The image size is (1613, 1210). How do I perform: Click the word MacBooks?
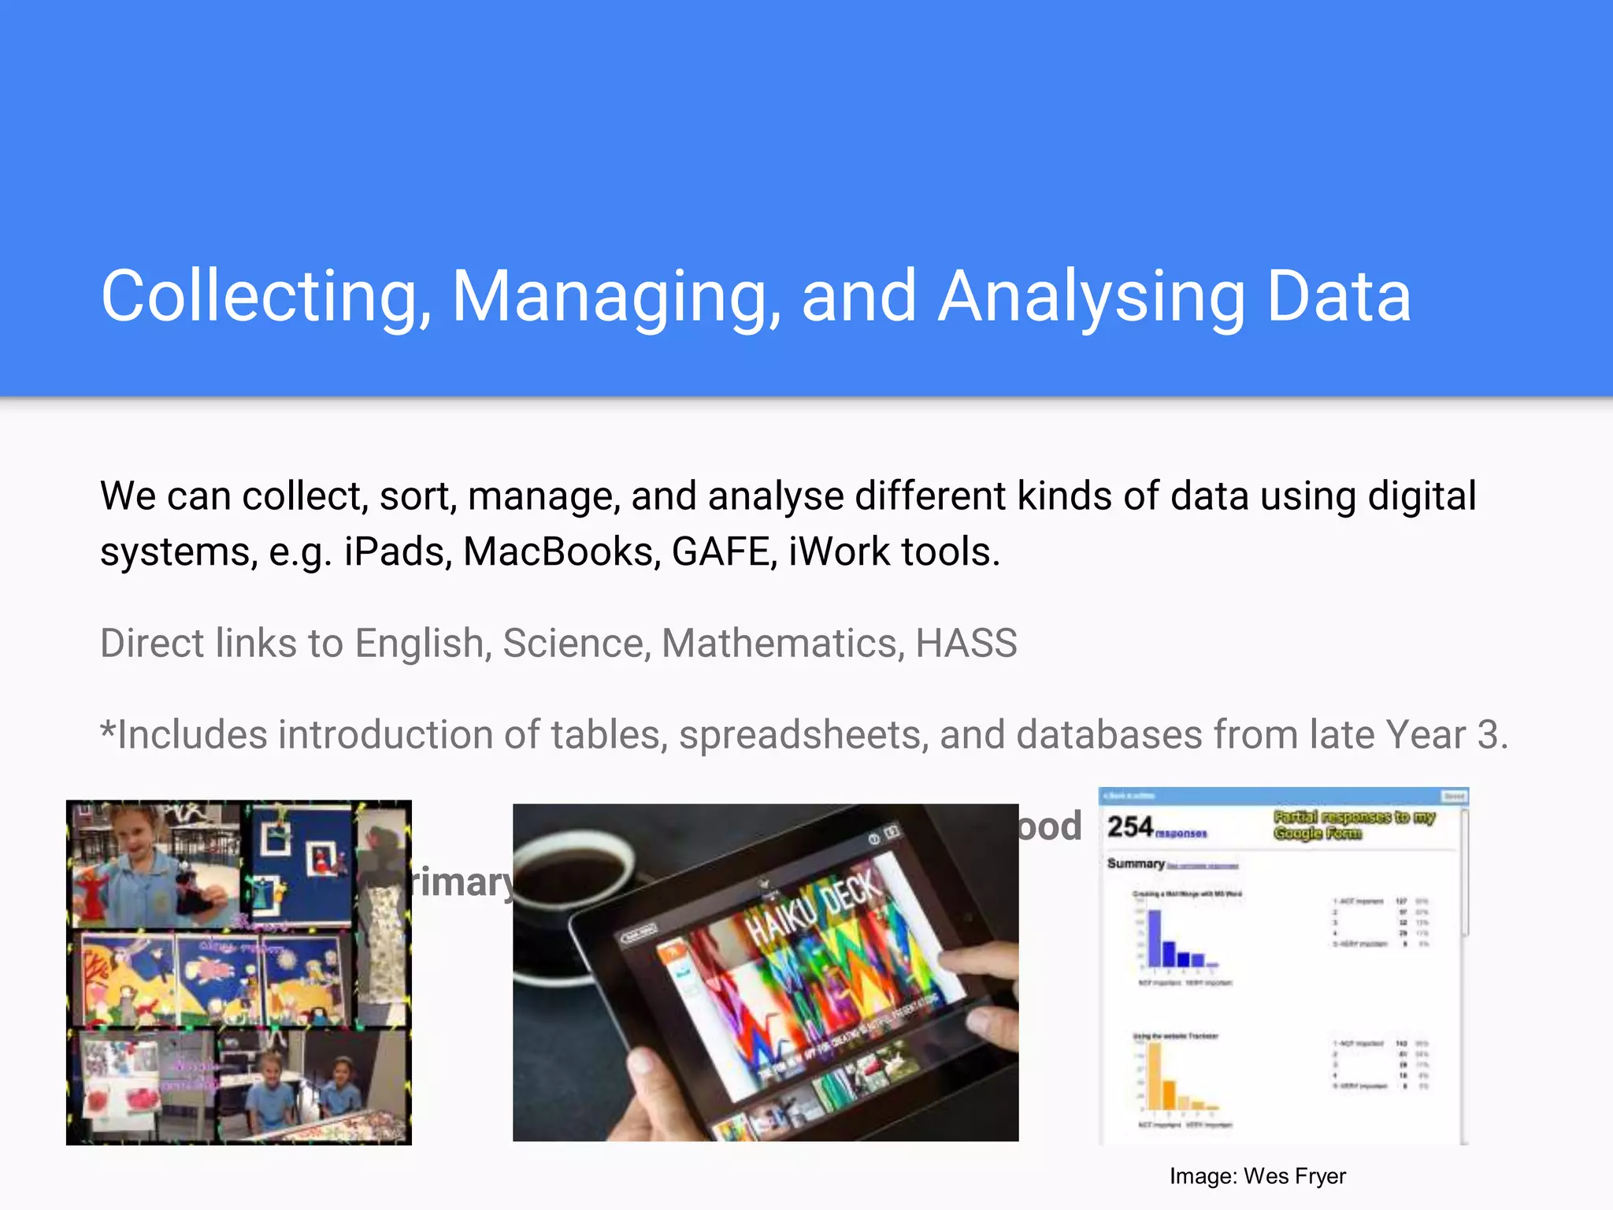(x=562, y=551)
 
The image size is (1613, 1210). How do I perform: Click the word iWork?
(x=840, y=551)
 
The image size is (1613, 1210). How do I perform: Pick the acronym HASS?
(x=966, y=643)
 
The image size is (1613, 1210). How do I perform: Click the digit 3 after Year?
(x=1487, y=735)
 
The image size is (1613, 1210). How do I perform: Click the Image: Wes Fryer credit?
(x=1257, y=1176)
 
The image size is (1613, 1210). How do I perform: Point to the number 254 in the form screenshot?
(x=1129, y=827)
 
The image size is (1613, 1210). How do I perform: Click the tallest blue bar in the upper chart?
(x=1155, y=937)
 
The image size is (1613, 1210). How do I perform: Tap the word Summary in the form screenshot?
(x=1136, y=863)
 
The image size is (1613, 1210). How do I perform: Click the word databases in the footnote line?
(x=1109, y=735)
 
